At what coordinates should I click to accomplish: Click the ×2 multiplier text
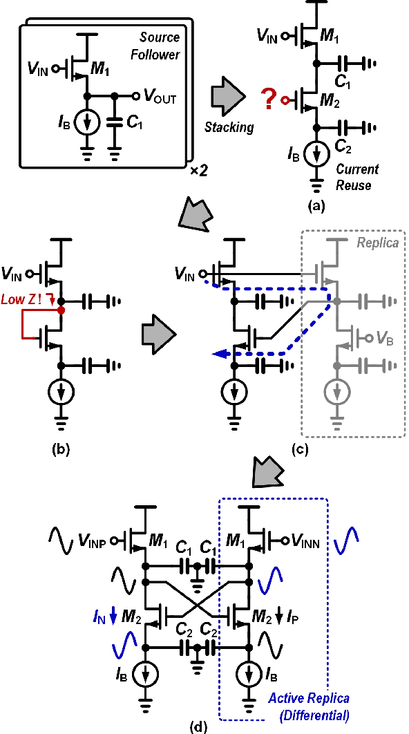[x=200, y=170]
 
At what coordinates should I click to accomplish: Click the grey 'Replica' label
[x=378, y=243]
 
